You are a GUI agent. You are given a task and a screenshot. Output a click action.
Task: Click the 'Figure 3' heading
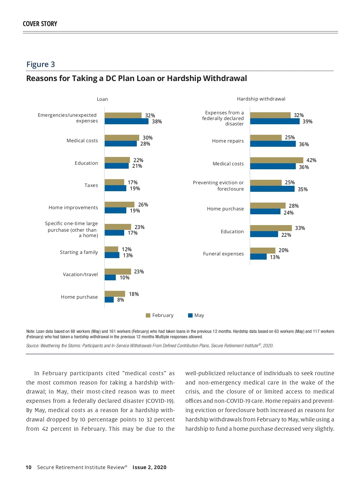[x=40, y=65]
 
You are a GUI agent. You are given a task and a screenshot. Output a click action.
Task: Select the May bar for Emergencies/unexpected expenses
[x=126, y=122]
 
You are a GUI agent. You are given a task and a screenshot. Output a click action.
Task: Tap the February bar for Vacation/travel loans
[x=118, y=272]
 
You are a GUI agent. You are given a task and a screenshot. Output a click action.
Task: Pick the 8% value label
[x=121, y=300]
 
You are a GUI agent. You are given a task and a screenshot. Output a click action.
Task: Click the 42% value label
[x=311, y=160]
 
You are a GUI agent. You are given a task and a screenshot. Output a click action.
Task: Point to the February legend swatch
[x=148, y=315]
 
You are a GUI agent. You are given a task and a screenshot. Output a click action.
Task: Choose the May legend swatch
[x=190, y=315]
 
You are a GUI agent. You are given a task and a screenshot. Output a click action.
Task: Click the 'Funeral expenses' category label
[x=223, y=254]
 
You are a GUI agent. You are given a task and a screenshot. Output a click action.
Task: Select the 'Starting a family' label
[x=79, y=252]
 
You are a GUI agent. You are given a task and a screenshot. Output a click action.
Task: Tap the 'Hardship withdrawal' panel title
[x=261, y=99]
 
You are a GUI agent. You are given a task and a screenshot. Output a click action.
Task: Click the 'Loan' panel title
[x=102, y=99]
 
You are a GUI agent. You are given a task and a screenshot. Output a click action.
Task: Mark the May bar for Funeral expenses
[x=258, y=257]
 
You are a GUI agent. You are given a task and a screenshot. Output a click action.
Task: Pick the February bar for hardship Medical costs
[x=277, y=160]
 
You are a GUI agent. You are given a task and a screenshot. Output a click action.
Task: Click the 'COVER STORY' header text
[x=40, y=24]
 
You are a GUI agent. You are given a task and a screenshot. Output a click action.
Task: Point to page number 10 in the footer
[x=28, y=467]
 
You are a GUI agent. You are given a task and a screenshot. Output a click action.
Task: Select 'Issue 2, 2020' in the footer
[x=149, y=467]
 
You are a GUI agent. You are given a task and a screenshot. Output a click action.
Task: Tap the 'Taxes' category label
[x=91, y=185]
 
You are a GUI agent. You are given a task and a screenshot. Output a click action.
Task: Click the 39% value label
[x=307, y=122]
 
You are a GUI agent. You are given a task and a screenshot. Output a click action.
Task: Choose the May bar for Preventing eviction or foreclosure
[x=272, y=189]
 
